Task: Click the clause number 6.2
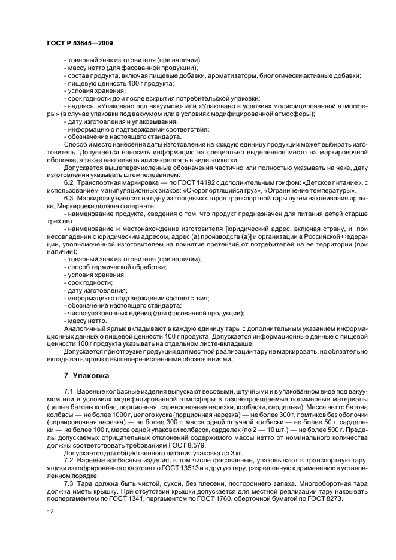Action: click(68, 182)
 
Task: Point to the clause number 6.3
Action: click(68, 197)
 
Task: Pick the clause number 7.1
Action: click(68, 390)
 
